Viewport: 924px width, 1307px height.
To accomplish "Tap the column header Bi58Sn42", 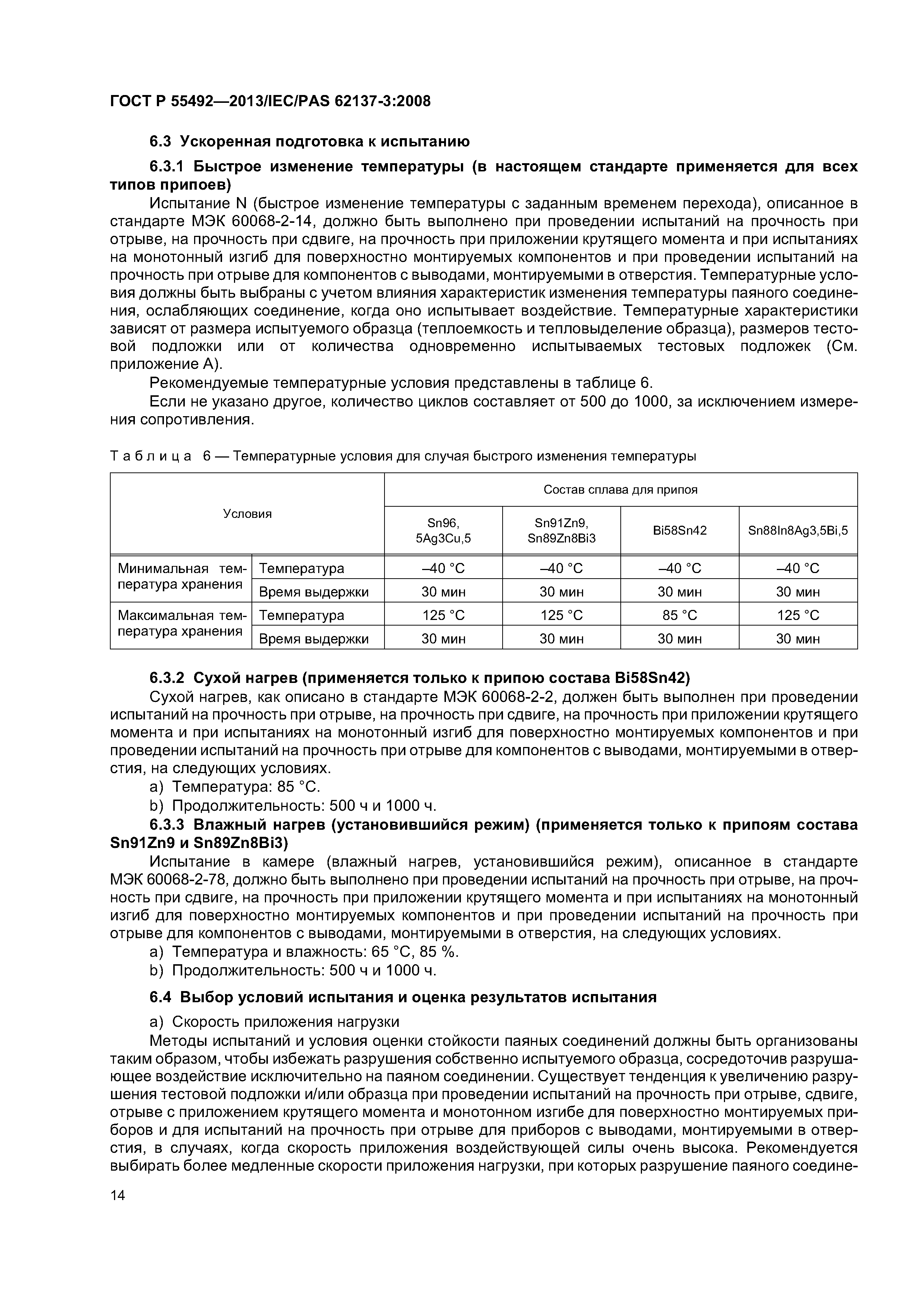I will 679,530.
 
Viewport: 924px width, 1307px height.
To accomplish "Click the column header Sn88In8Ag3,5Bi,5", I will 798,530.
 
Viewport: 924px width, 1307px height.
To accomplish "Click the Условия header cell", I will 247,513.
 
